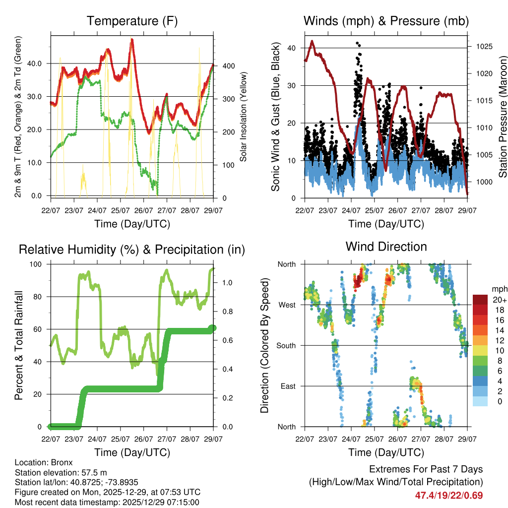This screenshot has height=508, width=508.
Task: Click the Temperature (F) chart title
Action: pos(132,21)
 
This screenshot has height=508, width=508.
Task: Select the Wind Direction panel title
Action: pos(386,247)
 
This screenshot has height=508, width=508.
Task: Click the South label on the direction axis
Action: pos(286,345)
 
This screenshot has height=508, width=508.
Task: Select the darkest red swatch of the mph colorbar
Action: pos(480,300)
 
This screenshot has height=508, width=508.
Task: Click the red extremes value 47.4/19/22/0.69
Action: pos(449,495)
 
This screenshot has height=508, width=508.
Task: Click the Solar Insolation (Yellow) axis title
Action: pos(244,117)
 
